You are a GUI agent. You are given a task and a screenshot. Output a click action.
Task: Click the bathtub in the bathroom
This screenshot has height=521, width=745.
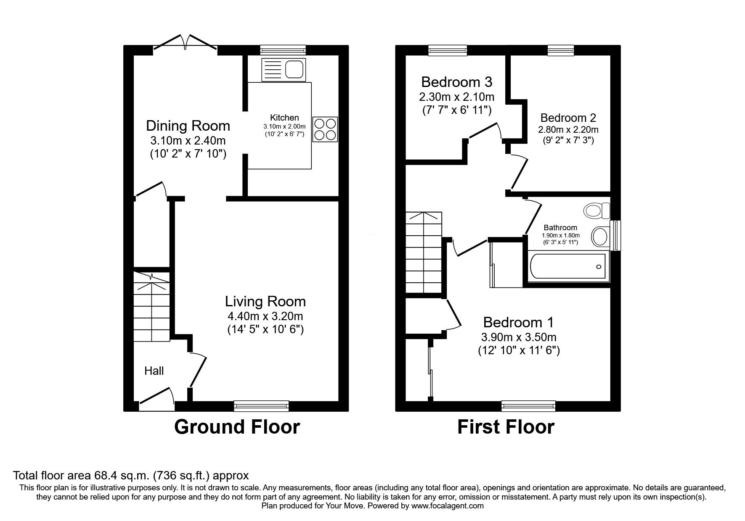pos(568,266)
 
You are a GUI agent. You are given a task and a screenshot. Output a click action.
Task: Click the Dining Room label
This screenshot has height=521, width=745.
pos(188,126)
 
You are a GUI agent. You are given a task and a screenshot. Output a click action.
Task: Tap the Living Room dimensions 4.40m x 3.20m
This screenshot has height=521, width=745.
pos(265,316)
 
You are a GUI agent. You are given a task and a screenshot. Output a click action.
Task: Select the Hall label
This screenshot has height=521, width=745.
pos(154,371)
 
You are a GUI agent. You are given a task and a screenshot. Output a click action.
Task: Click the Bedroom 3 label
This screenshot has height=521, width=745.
pos(457,82)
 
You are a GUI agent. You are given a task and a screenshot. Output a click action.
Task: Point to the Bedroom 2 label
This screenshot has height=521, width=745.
pos(568,118)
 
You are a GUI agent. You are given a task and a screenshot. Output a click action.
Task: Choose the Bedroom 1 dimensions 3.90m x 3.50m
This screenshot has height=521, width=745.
pos(519,337)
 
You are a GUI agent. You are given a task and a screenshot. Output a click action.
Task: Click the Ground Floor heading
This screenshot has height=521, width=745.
pos(237,427)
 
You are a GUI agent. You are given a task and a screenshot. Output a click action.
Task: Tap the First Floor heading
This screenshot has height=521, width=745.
pos(506,427)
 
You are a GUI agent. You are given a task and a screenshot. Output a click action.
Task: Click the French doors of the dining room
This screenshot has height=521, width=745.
pos(185,45)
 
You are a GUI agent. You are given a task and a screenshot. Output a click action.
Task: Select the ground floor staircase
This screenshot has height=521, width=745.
pos(151,306)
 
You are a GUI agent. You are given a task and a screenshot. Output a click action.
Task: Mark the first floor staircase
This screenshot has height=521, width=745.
pos(424,252)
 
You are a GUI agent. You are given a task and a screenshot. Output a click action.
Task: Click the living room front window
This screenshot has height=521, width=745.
pos(261,405)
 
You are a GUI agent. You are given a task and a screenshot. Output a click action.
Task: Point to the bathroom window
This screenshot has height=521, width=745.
pos(616,235)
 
